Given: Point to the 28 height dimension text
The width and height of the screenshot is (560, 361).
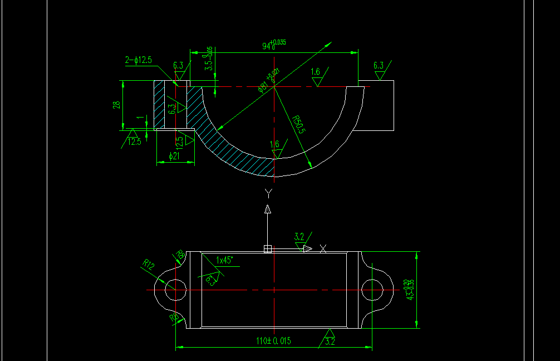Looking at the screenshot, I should pyautogui.click(x=117, y=105).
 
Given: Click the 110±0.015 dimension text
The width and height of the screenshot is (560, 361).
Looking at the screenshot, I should pyautogui.click(x=273, y=341).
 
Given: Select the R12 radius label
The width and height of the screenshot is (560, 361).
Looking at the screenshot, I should pyautogui.click(x=149, y=265).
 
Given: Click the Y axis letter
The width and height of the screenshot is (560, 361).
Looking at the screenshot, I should pyautogui.click(x=269, y=193).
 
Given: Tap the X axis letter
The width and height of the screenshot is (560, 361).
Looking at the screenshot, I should pyautogui.click(x=323, y=248).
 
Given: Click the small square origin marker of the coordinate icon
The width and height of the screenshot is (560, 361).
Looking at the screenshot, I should pyautogui.click(x=267, y=249).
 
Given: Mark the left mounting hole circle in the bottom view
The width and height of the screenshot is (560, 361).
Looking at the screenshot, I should pyautogui.click(x=175, y=290).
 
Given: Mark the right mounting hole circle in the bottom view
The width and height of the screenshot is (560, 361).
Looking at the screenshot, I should pyautogui.click(x=371, y=290).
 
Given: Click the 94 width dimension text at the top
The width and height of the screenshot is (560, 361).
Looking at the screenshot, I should pyautogui.click(x=273, y=45).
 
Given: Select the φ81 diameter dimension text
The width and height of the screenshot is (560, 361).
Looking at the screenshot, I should pyautogui.click(x=267, y=81).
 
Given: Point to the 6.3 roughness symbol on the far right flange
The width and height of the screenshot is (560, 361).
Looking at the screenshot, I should pyautogui.click(x=379, y=69).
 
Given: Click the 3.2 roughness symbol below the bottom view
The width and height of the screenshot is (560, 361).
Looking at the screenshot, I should pyautogui.click(x=329, y=340).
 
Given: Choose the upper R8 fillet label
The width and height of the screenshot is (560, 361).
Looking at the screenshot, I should pyautogui.click(x=180, y=255).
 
